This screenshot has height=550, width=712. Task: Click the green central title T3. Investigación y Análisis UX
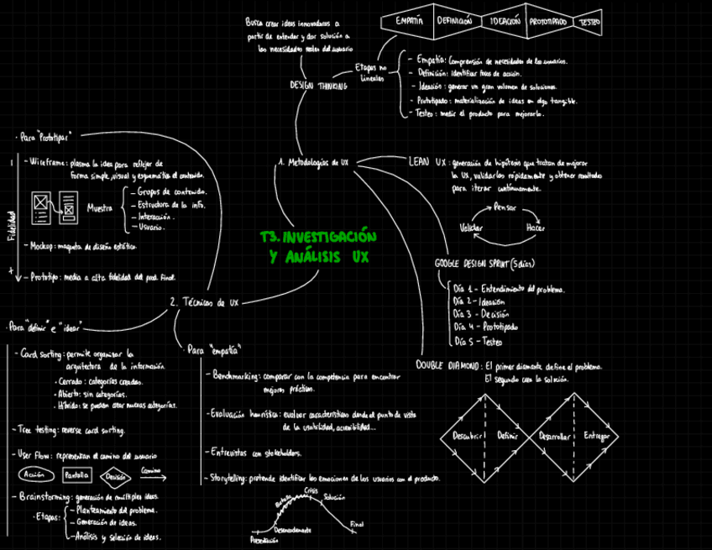[318, 247]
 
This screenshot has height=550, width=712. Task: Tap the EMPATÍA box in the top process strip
[408, 21]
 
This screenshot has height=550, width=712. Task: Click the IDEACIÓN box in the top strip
[505, 21]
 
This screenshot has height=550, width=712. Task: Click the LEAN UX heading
[427, 161]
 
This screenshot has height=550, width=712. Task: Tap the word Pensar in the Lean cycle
[506, 207]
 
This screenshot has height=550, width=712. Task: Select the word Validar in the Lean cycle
[471, 228]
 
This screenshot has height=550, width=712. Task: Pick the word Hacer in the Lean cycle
[535, 228]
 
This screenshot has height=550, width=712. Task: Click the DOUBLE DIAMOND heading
[448, 365]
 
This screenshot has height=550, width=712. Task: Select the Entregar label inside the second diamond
[599, 437]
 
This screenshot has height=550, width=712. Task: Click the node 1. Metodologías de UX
[312, 161]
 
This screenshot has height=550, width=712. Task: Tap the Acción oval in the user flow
[35, 475]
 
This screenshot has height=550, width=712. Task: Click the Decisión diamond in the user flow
[116, 476]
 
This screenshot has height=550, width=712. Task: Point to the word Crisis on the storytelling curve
[311, 490]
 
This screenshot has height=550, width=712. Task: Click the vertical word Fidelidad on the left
[11, 227]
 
